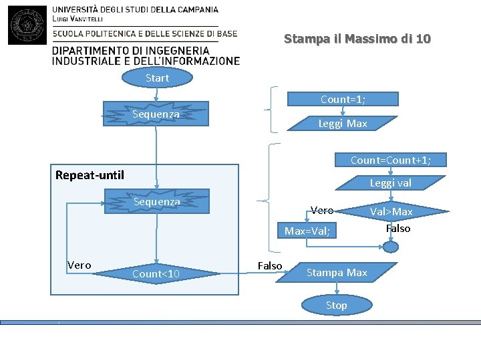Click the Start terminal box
tap(157, 78)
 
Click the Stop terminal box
tap(336, 306)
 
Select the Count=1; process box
tap(343, 100)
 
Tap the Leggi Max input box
tap(342, 124)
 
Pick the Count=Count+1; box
tap(390, 160)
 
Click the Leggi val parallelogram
tap(390, 183)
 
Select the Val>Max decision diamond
tap(392, 212)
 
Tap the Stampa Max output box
tap(336, 273)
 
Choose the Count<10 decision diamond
tap(156, 273)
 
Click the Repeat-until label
tap(90, 175)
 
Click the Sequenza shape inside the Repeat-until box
tap(156, 201)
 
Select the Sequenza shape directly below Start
tap(156, 114)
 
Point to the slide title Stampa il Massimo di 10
tap(357, 39)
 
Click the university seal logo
tap(27, 23)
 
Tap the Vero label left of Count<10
tap(79, 265)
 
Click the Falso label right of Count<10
tap(269, 265)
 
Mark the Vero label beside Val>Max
tap(322, 211)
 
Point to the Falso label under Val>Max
tap(398, 229)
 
